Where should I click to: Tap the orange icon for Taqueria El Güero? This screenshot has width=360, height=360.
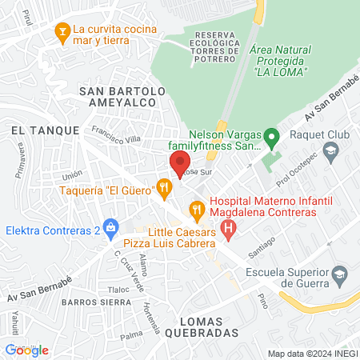click(164, 189)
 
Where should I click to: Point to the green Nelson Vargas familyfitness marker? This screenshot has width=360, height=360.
click(271, 139)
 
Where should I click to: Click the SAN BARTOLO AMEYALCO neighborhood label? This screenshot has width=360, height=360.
click(122, 99)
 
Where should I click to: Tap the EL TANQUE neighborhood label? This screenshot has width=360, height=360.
click(46, 129)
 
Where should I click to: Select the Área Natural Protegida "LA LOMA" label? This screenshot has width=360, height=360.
click(278, 61)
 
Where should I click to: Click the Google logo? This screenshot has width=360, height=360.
click(26, 350)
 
